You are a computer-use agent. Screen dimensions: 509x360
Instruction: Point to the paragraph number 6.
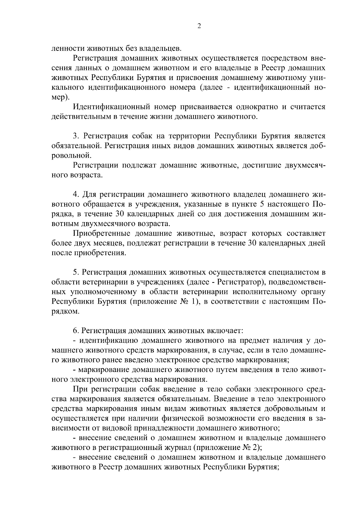pyautogui.click(x=75, y=331)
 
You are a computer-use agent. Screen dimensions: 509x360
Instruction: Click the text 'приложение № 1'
pyautogui.click(x=164, y=302)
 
